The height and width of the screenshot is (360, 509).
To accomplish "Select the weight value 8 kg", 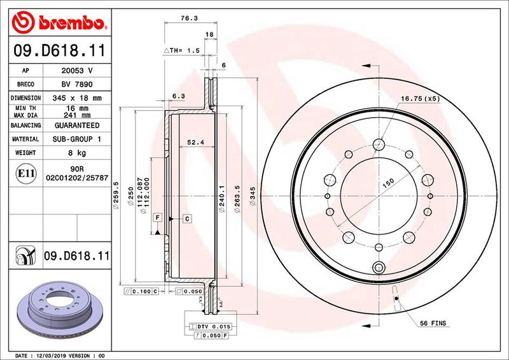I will point(78,153).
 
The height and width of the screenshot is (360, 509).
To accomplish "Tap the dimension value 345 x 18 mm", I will point(78,98).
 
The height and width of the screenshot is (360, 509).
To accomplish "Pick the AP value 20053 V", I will point(78,71).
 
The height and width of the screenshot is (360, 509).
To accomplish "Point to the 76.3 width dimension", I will point(187,19).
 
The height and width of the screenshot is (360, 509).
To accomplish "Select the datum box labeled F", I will point(157,218).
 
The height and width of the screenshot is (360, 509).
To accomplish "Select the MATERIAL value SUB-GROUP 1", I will point(78,139).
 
